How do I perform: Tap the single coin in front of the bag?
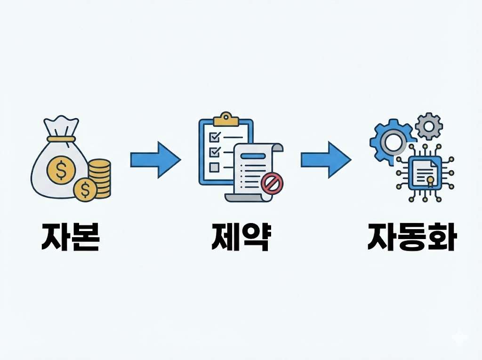[x=85, y=190]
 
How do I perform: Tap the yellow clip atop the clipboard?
[x=226, y=120]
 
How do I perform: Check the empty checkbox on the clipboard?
[x=214, y=167]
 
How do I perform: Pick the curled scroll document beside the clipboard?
[x=256, y=172]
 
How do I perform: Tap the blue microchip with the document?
[x=423, y=173]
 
